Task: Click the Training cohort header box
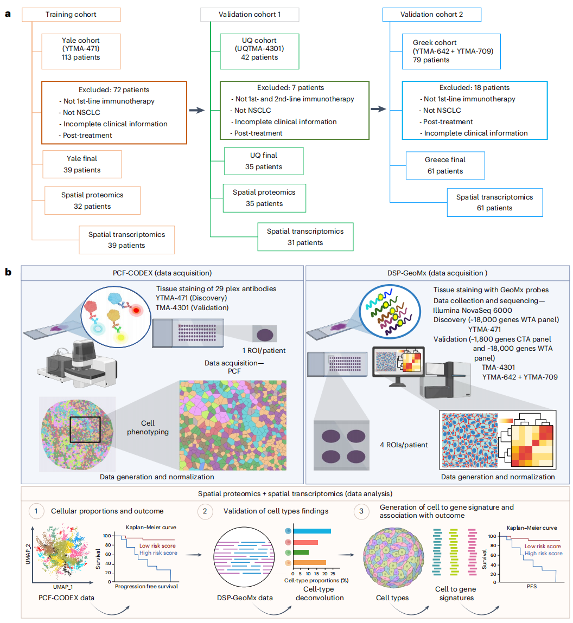pyautogui.click(x=71, y=15)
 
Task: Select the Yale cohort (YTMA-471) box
pyautogui.click(x=81, y=49)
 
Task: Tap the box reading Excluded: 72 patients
pyautogui.click(x=114, y=112)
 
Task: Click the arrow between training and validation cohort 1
pyautogui.click(x=196, y=110)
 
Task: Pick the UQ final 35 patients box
pyautogui.click(x=264, y=161)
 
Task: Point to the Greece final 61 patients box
pyautogui.click(x=445, y=165)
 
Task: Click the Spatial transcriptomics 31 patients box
pyautogui.click(x=305, y=237)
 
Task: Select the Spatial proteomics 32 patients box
pyautogui.click(x=92, y=201)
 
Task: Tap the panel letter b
pyautogui.click(x=8, y=272)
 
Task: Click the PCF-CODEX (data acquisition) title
pyautogui.click(x=162, y=273)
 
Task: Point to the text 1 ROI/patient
pyautogui.click(x=264, y=350)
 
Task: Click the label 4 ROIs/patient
pyautogui.click(x=404, y=445)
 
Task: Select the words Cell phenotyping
pyautogui.click(x=148, y=427)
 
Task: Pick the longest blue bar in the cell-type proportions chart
pyautogui.click(x=311, y=531)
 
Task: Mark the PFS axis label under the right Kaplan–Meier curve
pyautogui.click(x=531, y=587)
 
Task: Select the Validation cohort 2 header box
pyautogui.click(x=431, y=15)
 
